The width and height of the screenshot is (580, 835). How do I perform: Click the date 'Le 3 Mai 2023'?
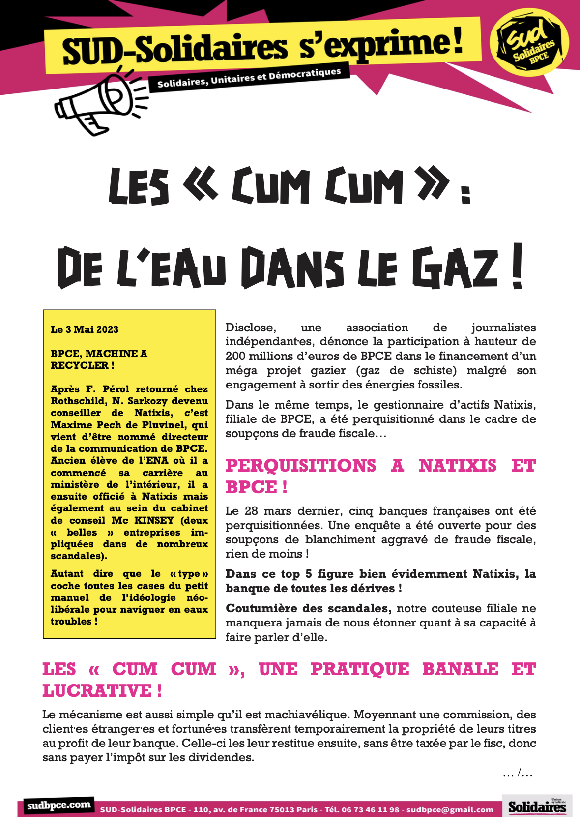coord(85,329)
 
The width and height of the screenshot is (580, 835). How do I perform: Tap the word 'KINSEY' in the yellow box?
coord(154,520)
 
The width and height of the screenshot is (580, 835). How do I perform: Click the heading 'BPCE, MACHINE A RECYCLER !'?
coord(99,359)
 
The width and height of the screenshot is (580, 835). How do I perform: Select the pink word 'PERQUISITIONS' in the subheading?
coord(301,465)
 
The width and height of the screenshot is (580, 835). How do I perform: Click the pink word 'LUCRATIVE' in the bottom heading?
coord(98,691)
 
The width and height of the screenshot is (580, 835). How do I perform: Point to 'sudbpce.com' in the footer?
coord(59,805)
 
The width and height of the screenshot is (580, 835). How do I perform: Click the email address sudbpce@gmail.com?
coord(450,810)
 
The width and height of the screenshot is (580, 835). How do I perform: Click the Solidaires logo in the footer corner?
coord(537,806)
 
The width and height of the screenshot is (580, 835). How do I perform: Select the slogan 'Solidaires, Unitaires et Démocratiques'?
coord(249,78)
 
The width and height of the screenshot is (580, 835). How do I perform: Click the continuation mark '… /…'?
coord(518,774)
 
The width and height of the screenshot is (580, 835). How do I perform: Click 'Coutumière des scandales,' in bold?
coord(308,609)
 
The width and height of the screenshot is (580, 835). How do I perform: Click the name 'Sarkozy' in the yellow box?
coord(146,401)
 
